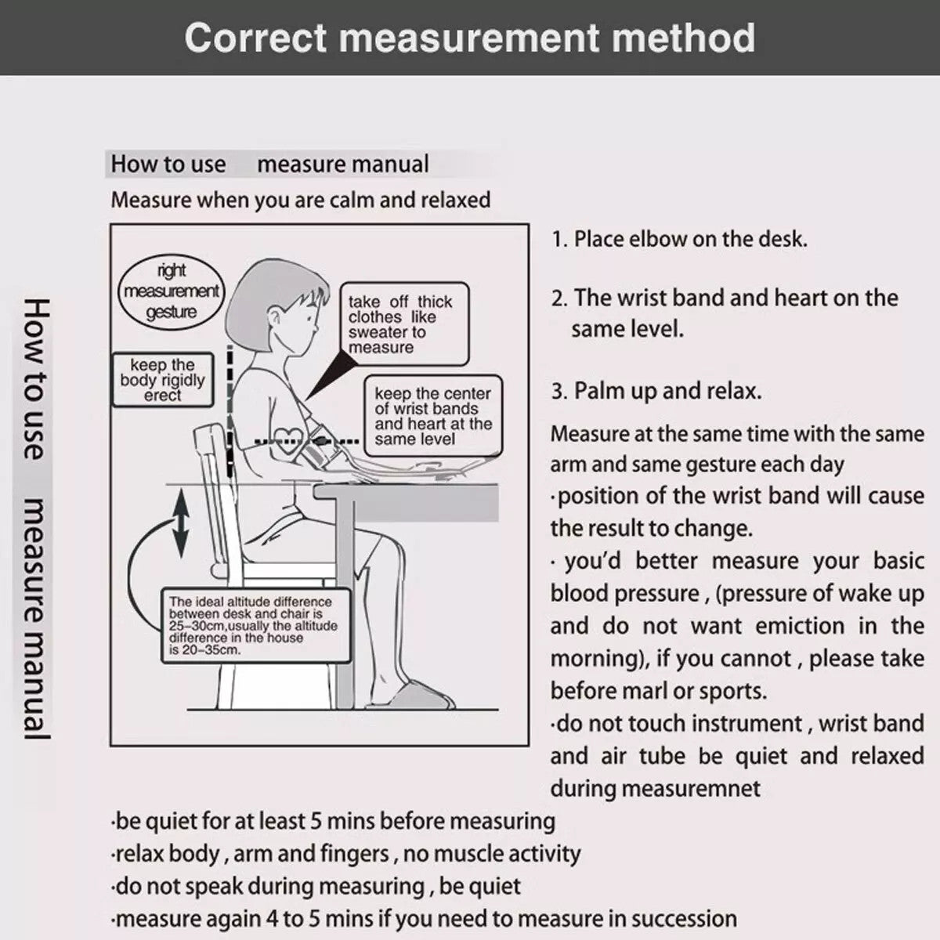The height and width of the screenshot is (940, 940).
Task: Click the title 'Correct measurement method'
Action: pyautogui.click(x=470, y=38)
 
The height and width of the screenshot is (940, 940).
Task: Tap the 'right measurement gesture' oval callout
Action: pyautogui.click(x=172, y=291)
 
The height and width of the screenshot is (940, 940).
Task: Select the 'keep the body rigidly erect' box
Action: pyautogui.click(x=162, y=381)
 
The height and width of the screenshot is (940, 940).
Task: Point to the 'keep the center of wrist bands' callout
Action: pyautogui.click(x=432, y=416)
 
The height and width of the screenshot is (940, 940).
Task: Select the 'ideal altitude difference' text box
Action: pyautogui.click(x=253, y=625)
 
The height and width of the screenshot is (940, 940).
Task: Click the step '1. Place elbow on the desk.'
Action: pyautogui.click(x=679, y=239)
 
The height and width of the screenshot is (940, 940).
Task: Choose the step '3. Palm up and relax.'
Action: pyautogui.click(x=656, y=391)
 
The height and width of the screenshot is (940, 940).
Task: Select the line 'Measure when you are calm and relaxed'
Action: pyautogui.click(x=301, y=200)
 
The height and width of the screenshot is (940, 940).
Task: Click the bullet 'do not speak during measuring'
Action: pyautogui.click(x=316, y=887)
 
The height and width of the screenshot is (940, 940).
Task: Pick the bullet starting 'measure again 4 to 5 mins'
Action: pyautogui.click(x=424, y=919)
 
